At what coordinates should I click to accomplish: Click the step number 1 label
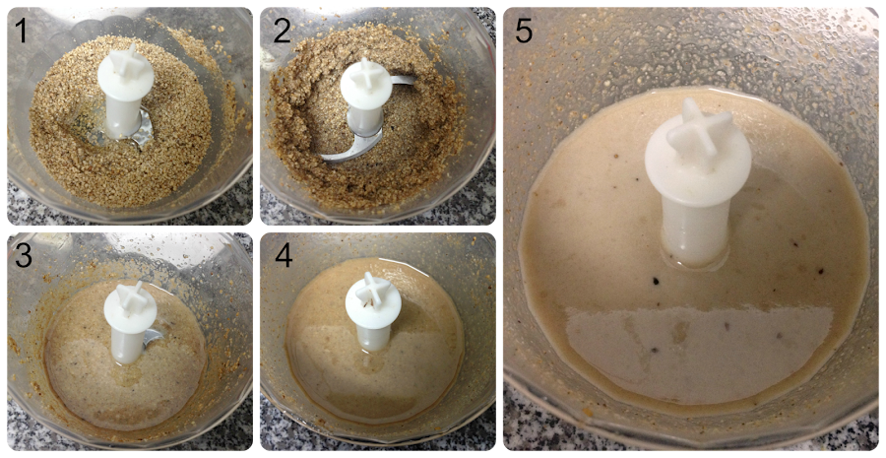coord(22,30)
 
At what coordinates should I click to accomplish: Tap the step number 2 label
coord(282,30)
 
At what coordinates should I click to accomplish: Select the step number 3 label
coord(24,255)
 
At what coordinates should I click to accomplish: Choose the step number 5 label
coord(524,31)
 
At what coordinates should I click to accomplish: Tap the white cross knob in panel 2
coord(367,75)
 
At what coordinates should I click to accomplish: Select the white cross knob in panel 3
coord(129,298)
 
